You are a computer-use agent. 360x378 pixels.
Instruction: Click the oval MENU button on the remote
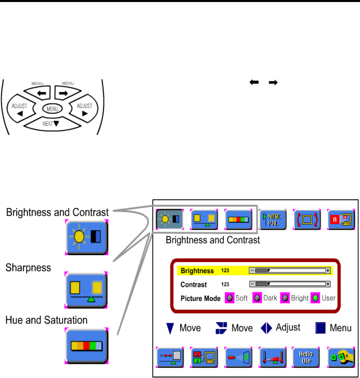(52, 109)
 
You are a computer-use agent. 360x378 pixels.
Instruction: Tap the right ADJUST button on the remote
(84, 108)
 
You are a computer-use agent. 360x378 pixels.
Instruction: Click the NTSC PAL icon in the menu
(273, 219)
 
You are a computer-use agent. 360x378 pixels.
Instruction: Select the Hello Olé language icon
(306, 357)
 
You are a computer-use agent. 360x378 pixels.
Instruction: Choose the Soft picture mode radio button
(230, 298)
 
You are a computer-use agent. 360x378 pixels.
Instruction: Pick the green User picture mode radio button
(315, 298)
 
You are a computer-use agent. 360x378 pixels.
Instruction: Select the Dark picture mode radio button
(257, 298)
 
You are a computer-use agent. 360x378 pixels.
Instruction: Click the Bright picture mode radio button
(285, 298)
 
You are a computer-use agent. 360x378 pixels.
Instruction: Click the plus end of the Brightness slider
(328, 270)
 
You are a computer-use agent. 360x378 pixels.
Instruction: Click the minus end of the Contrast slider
(252, 284)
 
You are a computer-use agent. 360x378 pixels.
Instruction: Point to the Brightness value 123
(225, 270)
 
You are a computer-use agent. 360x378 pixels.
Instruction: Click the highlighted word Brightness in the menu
(197, 271)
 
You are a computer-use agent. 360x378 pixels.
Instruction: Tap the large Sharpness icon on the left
(86, 290)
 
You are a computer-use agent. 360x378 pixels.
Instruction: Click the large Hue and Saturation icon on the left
(86, 346)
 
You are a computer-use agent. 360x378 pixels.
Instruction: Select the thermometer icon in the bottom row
(273, 357)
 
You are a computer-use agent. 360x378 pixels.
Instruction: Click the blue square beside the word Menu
(320, 328)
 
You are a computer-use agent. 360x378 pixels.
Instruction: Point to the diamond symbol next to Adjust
(266, 328)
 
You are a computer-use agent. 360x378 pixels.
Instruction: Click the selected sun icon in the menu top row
(170, 219)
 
